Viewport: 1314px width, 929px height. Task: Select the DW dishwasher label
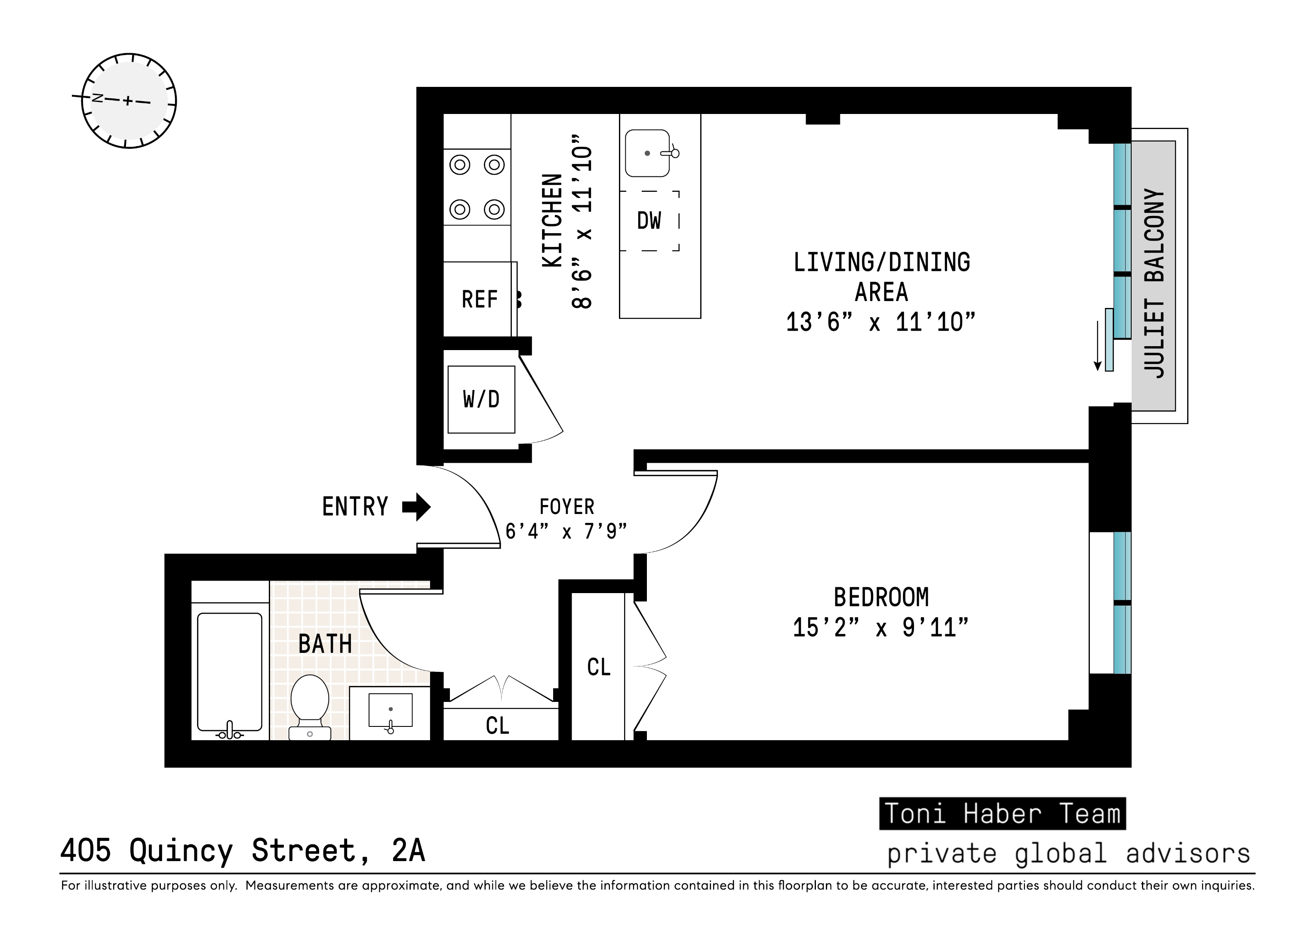coord(649,220)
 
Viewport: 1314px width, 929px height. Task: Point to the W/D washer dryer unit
coord(481,399)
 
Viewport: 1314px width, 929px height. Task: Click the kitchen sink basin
coord(647,154)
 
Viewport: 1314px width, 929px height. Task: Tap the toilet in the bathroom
coord(310,706)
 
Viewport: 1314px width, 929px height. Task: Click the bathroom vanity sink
coord(390,710)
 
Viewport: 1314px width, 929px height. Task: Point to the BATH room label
coord(325,644)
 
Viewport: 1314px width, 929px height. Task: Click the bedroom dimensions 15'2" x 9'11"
coord(880,628)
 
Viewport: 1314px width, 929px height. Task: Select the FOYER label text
coord(566,507)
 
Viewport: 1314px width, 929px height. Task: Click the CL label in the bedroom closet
coord(599,667)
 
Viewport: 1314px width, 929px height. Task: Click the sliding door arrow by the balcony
coord(1098,346)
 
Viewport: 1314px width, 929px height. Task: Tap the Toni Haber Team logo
coord(1002,813)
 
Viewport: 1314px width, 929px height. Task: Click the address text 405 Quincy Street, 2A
coord(243,851)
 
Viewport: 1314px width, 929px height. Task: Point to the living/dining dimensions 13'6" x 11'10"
coord(880,322)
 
